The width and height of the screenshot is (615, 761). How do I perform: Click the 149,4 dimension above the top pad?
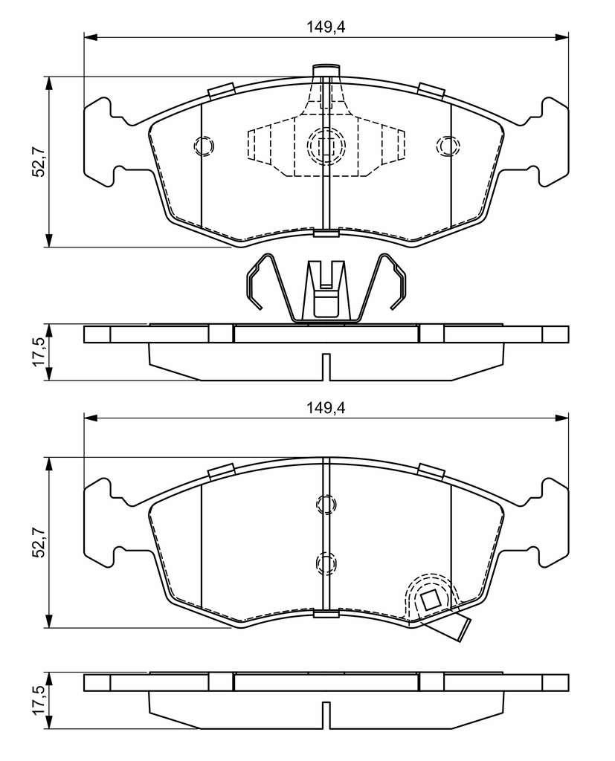tap(326, 27)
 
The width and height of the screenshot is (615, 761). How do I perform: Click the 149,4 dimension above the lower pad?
tap(326, 408)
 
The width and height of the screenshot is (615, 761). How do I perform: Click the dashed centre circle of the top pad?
tap(326, 145)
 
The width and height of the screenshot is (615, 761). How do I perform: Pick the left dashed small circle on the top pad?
tap(204, 146)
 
